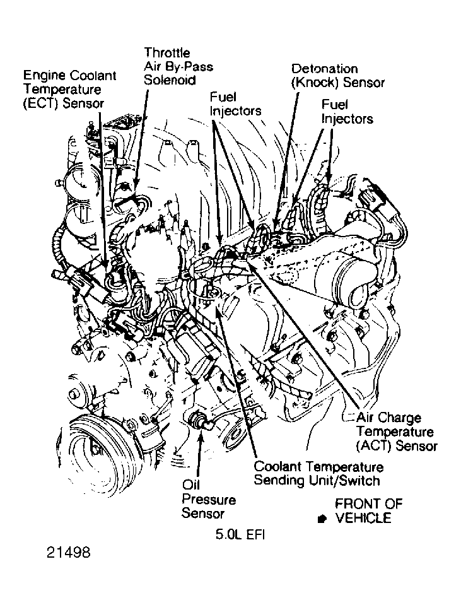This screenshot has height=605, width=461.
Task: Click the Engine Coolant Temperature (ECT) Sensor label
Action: [x=70, y=89]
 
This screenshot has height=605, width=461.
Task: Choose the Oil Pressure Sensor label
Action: [x=208, y=499]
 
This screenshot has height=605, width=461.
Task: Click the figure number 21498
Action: [x=68, y=553]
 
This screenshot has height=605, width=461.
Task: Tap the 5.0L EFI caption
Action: [x=240, y=535]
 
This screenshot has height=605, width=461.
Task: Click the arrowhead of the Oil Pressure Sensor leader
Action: [x=199, y=435]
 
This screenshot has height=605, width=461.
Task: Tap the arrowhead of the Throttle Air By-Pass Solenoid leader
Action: [x=136, y=183]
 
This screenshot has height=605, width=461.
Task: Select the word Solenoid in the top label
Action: [x=170, y=80]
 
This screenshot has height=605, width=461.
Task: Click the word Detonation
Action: [x=325, y=68]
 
